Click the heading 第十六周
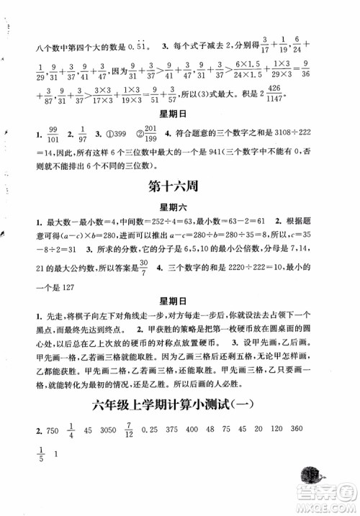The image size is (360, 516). (x=174, y=186)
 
